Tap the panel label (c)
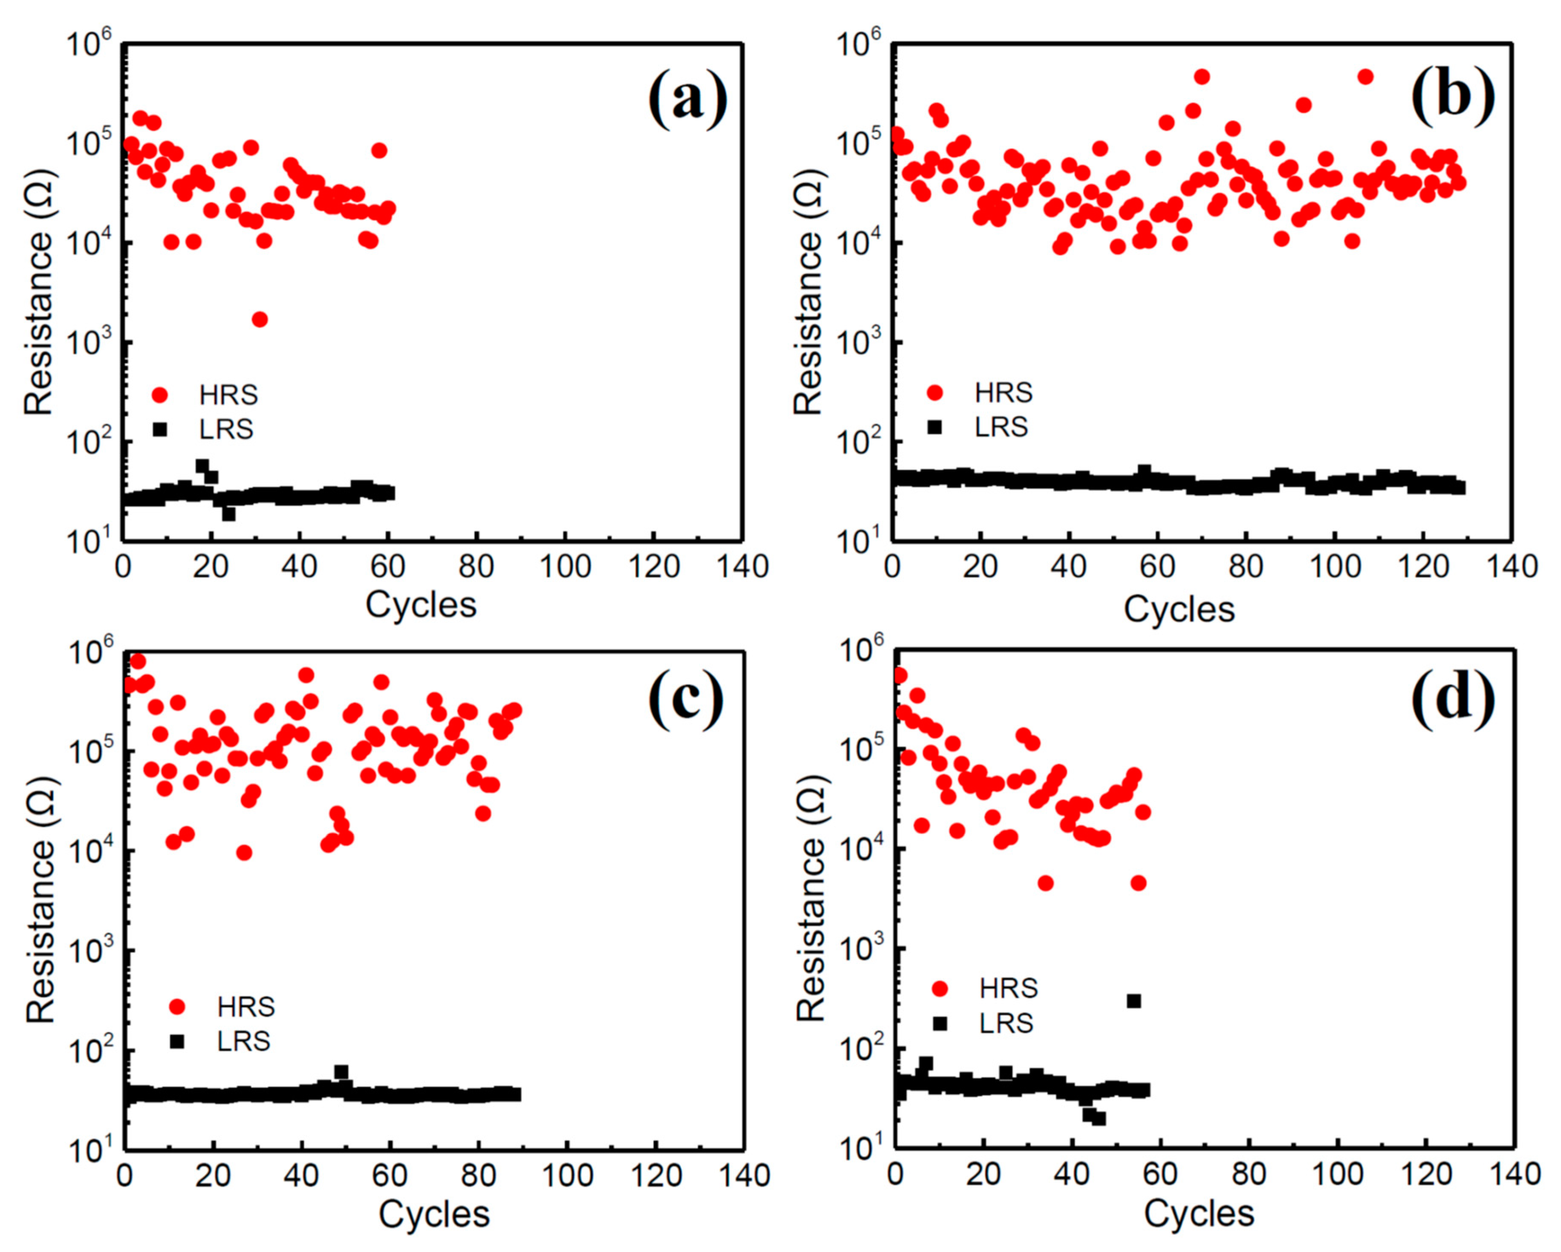click(685, 701)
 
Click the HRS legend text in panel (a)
click(228, 395)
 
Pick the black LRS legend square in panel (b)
click(935, 427)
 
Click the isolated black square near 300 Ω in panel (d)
click(1134, 1001)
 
